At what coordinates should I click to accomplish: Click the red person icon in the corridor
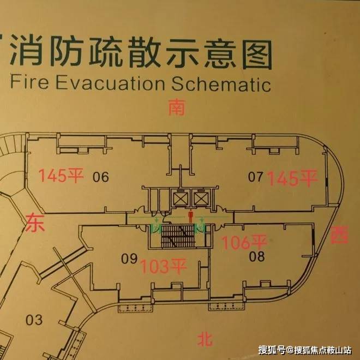pyautogui.click(x=190, y=215)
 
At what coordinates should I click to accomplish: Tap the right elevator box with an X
pyautogui.click(x=201, y=199)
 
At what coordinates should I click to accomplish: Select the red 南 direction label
pyautogui.click(x=176, y=107)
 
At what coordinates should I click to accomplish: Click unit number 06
pyautogui.click(x=101, y=177)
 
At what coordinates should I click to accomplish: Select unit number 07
pyautogui.click(x=255, y=177)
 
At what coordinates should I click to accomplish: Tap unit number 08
pyautogui.click(x=256, y=255)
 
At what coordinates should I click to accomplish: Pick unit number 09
pyautogui.click(x=129, y=260)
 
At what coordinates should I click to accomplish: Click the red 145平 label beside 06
pyautogui.click(x=61, y=176)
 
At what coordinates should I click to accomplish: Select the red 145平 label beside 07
pyautogui.click(x=294, y=178)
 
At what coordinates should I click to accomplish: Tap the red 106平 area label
pyautogui.click(x=244, y=242)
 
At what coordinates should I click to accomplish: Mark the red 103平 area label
pyautogui.click(x=164, y=267)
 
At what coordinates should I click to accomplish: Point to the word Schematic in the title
pyautogui.click(x=221, y=84)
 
